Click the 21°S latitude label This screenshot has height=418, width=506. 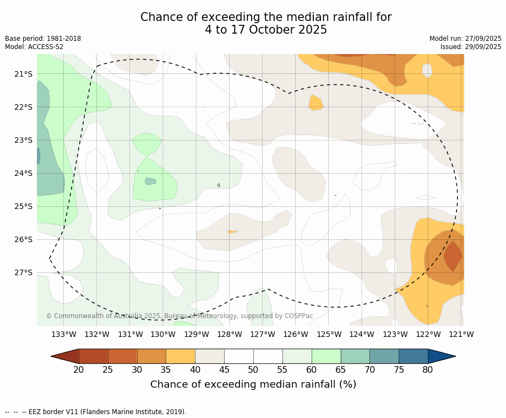tap(23, 74)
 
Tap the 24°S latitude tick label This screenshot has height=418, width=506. tap(23, 173)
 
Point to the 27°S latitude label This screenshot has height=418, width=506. tap(23, 272)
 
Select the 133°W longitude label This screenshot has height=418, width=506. tap(64, 334)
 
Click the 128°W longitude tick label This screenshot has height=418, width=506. tap(230, 334)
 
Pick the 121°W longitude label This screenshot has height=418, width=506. tap(461, 334)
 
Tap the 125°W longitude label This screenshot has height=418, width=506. tap(329, 334)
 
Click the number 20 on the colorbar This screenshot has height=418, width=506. tap(79, 369)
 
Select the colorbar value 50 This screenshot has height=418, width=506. tap(253, 369)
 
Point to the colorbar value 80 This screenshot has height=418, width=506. tap(428, 369)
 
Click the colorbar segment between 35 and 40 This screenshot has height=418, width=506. tap(181, 356)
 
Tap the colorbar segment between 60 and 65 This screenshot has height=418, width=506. tap(326, 356)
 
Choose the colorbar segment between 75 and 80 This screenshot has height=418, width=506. tap(413, 356)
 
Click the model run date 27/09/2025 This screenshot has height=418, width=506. tap(483, 39)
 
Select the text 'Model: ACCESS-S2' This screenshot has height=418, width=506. tap(34, 47)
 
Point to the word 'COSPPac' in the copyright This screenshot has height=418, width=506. tap(299, 316)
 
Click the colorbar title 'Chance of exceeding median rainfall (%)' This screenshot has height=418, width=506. tap(253, 384)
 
